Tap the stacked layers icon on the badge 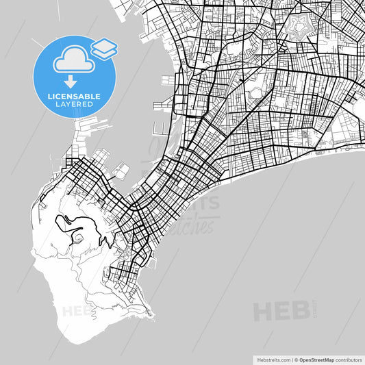click(104, 47)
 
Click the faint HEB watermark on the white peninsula click(77, 311)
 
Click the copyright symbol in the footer click(297, 359)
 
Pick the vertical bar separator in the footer click(291, 359)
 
